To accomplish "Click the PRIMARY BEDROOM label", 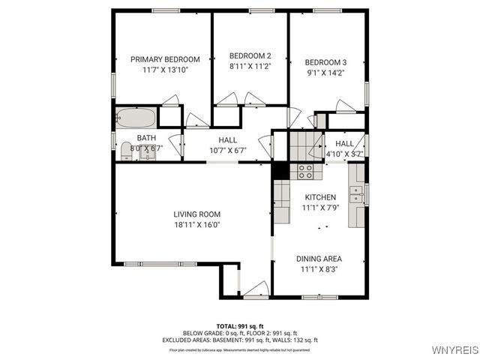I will (165, 59).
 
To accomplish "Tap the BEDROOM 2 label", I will (250, 55).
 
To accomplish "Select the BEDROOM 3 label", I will (325, 62).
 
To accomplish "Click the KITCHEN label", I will (319, 197).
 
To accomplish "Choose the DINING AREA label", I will (319, 258).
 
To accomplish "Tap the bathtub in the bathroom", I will (136, 118).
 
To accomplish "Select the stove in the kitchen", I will (305, 171).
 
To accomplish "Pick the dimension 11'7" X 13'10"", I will (165, 70).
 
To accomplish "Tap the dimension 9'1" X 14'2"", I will (325, 73).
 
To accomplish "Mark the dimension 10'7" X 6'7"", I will (227, 150).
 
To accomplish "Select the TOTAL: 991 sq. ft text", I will (240, 325).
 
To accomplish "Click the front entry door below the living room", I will (255, 288).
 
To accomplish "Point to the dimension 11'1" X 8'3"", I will (319, 268).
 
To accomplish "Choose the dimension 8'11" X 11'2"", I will (250, 66).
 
